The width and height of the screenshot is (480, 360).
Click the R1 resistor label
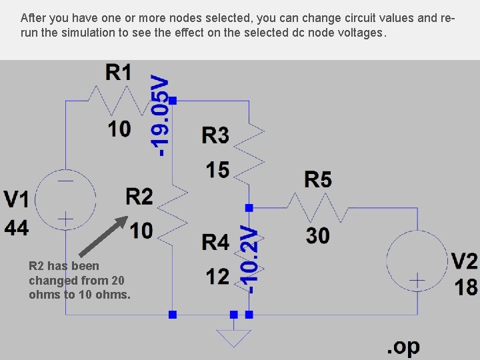click(x=119, y=72)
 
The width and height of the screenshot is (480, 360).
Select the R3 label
click(x=215, y=135)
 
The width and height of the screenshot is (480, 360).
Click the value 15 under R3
click(x=217, y=170)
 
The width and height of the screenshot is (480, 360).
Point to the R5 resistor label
click(x=318, y=179)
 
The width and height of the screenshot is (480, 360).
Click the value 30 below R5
click(x=318, y=235)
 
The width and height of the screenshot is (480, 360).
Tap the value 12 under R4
click(x=217, y=275)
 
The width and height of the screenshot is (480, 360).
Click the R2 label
click(x=139, y=197)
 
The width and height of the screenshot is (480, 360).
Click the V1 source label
click(x=17, y=199)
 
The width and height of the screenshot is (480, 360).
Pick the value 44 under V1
click(x=17, y=228)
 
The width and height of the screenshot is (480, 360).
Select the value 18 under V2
click(x=466, y=287)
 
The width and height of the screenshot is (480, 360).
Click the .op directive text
click(x=403, y=347)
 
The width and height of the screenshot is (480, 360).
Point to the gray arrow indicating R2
click(x=103, y=235)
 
